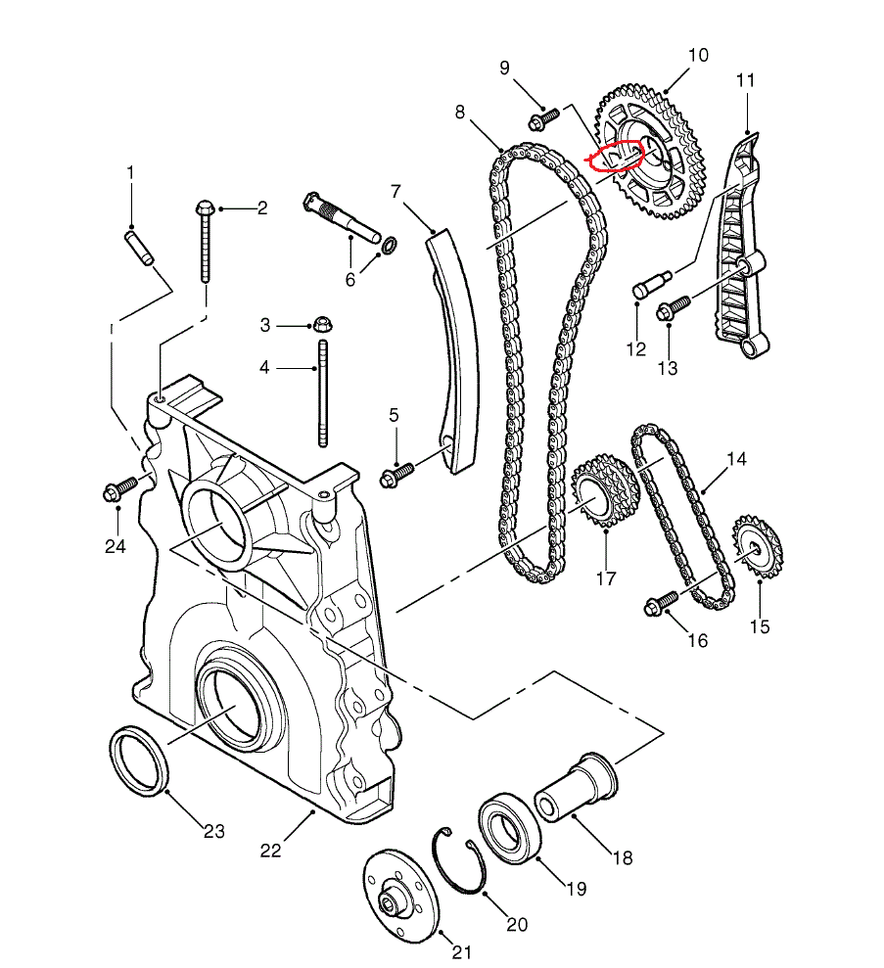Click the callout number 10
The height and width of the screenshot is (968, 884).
point(697,55)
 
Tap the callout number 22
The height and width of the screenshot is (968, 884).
point(271,851)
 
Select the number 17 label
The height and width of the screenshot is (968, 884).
point(605,578)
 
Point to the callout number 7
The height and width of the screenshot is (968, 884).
point(396,191)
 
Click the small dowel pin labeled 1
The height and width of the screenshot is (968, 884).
point(137,246)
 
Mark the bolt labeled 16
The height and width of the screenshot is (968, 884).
point(662,602)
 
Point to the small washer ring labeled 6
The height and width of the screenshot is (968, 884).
point(388,244)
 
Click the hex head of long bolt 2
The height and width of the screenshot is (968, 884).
point(206,208)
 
